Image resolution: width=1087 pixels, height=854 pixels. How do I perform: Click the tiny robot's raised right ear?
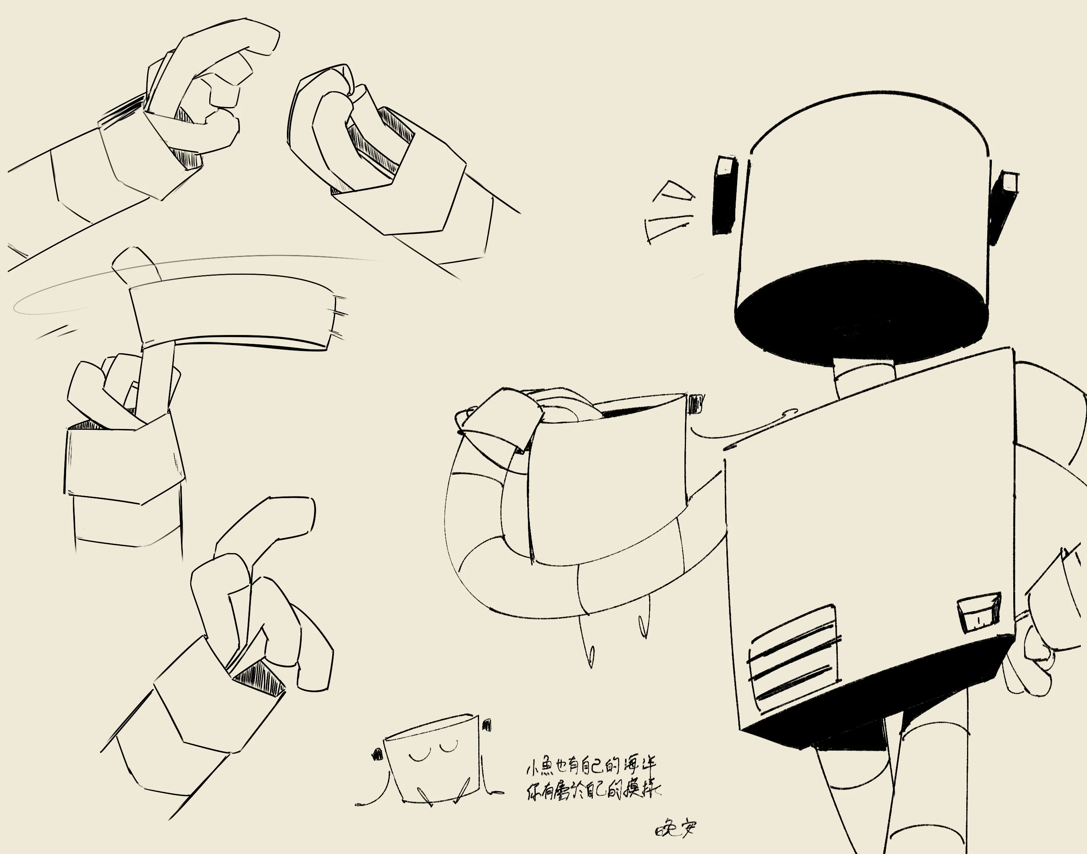(x=486, y=726)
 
